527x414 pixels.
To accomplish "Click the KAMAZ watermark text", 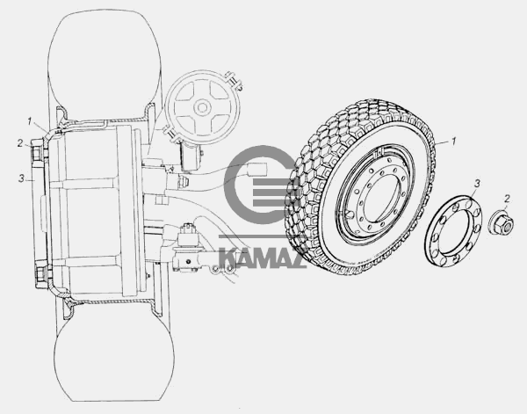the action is point(263,258).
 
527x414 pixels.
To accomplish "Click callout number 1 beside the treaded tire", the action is point(454,142).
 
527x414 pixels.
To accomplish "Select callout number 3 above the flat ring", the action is point(477,184).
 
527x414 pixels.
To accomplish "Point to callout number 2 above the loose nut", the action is point(507,199).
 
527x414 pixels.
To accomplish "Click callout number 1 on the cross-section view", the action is point(30,121).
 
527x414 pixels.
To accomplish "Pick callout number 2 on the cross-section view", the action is point(20,143).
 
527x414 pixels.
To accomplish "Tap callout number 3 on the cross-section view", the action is point(21,178).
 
